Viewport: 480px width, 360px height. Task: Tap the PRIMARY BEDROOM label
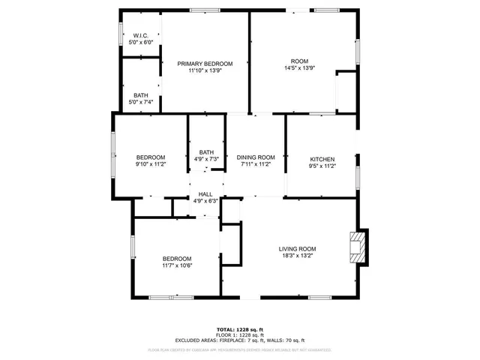click(x=205, y=64)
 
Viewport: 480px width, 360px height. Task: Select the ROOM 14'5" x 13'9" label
click(x=299, y=61)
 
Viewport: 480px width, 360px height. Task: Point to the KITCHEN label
click(x=322, y=159)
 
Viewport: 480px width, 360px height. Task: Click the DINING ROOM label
click(x=256, y=157)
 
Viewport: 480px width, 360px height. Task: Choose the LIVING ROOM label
click(x=297, y=249)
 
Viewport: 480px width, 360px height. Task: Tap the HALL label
click(x=205, y=194)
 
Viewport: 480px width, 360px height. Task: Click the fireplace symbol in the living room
click(x=359, y=247)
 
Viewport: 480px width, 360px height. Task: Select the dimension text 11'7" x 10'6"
click(x=177, y=265)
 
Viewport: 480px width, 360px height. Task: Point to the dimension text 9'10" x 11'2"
click(x=150, y=164)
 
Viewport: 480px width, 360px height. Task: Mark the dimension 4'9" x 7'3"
click(x=205, y=159)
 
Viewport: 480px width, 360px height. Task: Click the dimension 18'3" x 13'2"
click(x=297, y=256)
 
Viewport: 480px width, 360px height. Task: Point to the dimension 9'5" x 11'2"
click(x=322, y=165)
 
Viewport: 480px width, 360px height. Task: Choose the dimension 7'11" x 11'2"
click(x=256, y=164)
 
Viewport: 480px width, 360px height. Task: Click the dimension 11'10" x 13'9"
click(x=205, y=70)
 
